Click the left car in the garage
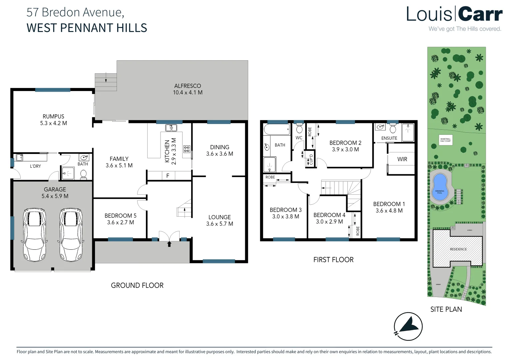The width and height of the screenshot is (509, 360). pyautogui.click(x=35, y=235)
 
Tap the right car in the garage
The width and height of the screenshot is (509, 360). pyautogui.click(x=71, y=235)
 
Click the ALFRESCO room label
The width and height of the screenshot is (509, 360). pyautogui.click(x=188, y=86)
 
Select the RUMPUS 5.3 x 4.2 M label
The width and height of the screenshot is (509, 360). pyautogui.click(x=53, y=120)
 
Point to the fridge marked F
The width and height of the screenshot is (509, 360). pyautogui.click(x=168, y=176)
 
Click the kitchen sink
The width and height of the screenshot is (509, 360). pyautogui.click(x=171, y=128)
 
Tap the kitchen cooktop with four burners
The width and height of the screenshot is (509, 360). pyautogui.click(x=187, y=149)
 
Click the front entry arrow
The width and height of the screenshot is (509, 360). pyautogui.click(x=169, y=244)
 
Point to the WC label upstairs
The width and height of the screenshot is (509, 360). pyautogui.click(x=299, y=138)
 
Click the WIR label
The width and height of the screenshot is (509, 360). pyautogui.click(x=402, y=159)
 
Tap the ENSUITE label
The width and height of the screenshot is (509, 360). pyautogui.click(x=389, y=138)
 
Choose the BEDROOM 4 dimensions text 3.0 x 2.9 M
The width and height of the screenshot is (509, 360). pyautogui.click(x=329, y=222)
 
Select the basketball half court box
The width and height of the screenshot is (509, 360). pyautogui.click(x=445, y=140)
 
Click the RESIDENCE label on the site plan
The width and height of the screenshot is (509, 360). pyautogui.click(x=458, y=249)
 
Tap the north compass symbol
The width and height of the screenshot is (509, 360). pyautogui.click(x=408, y=326)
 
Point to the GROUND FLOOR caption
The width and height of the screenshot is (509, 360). pyautogui.click(x=137, y=285)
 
